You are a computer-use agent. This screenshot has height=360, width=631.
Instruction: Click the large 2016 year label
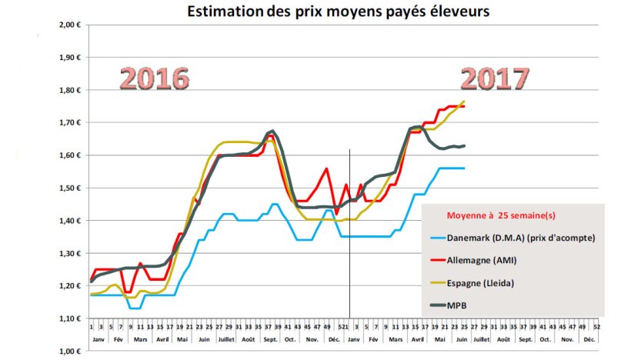tap(155, 80)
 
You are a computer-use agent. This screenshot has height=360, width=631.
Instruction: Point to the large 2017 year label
tap(495, 79)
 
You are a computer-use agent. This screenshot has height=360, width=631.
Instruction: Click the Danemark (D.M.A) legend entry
tap(519, 238)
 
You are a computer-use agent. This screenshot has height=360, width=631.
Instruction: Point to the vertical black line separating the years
tap(350, 231)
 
